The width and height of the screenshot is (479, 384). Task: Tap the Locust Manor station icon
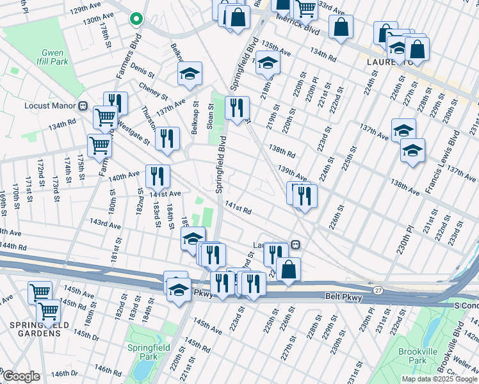click(83, 105)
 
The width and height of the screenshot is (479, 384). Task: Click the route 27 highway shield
click(378, 291)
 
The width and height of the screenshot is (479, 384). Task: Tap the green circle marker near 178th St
click(136, 19)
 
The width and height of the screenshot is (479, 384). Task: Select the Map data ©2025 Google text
click(439, 379)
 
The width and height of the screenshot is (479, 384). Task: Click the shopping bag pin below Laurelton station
click(289, 269)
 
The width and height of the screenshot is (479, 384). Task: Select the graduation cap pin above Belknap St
click(190, 74)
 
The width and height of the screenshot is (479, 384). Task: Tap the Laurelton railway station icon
click(295, 244)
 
